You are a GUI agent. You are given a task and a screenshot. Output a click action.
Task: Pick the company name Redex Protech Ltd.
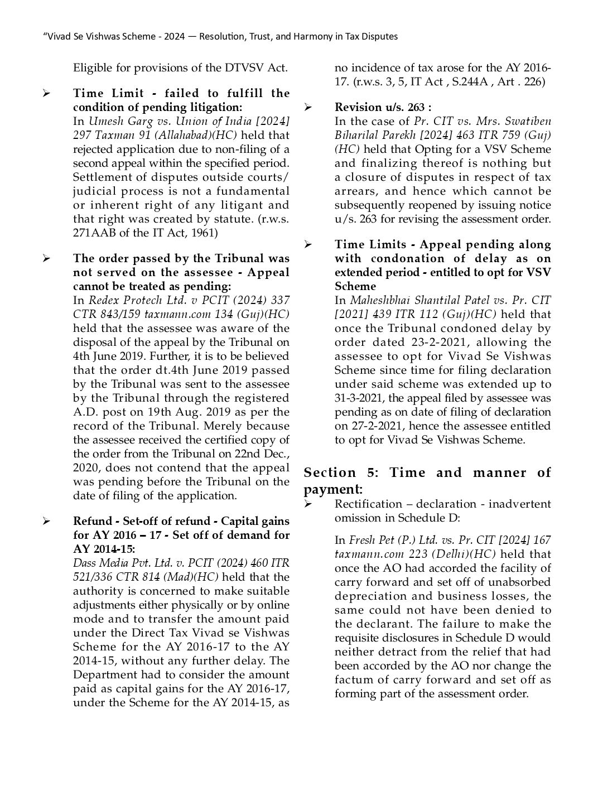[x=124, y=300]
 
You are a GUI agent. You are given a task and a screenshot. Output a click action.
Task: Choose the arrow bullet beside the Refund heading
[x=46, y=522]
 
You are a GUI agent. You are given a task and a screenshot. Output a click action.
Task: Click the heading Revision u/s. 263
[x=383, y=107]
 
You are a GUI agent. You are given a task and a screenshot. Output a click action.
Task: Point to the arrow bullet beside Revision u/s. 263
[x=308, y=107]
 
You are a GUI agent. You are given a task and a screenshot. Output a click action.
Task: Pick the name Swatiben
[x=528, y=121]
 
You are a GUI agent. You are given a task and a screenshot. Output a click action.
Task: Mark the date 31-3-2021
[x=359, y=398]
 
